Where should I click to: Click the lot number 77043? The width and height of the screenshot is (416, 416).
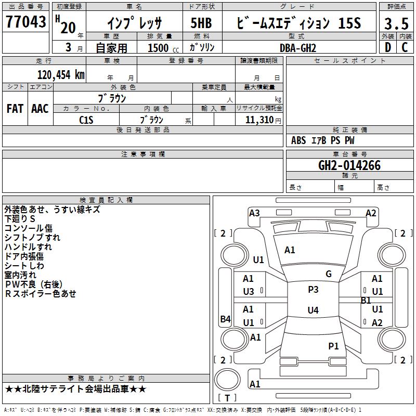pyautogui.click(x=25, y=22)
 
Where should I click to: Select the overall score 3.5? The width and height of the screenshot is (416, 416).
pyautogui.click(x=396, y=23)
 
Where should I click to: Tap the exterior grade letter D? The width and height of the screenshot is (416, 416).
pyautogui.click(x=388, y=47)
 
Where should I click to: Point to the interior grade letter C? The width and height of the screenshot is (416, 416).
pyautogui.click(x=405, y=47)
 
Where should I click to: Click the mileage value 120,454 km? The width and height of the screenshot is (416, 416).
pyautogui.click(x=61, y=75)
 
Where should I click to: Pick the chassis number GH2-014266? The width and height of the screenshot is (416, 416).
pyautogui.click(x=349, y=165)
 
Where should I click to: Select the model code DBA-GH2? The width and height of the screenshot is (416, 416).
pyautogui.click(x=298, y=48)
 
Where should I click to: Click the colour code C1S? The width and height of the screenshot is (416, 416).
pyautogui.click(x=86, y=120)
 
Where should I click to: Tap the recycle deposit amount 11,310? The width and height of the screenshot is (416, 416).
pyautogui.click(x=259, y=120)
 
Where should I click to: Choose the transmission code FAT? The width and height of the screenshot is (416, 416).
pyautogui.click(x=15, y=109)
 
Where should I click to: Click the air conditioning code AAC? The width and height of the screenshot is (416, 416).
pyautogui.click(x=40, y=109)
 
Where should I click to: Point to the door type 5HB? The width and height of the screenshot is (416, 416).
pyautogui.click(x=201, y=23)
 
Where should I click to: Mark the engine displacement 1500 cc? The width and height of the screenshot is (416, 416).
pyautogui.click(x=163, y=48)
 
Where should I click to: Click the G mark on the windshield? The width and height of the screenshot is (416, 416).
pyautogui.click(x=329, y=274)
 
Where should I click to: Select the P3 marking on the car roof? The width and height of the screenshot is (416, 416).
pyautogui.click(x=313, y=290)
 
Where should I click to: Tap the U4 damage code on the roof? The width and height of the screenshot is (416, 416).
pyautogui.click(x=313, y=310)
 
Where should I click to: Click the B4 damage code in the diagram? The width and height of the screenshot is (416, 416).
pyautogui.click(x=226, y=319)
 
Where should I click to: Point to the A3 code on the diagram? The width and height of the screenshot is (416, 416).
pyautogui.click(x=254, y=213)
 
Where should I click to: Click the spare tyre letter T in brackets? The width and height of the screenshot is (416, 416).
pyautogui.click(x=227, y=398)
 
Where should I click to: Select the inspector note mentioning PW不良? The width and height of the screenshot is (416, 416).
pyautogui.click(x=34, y=284)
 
